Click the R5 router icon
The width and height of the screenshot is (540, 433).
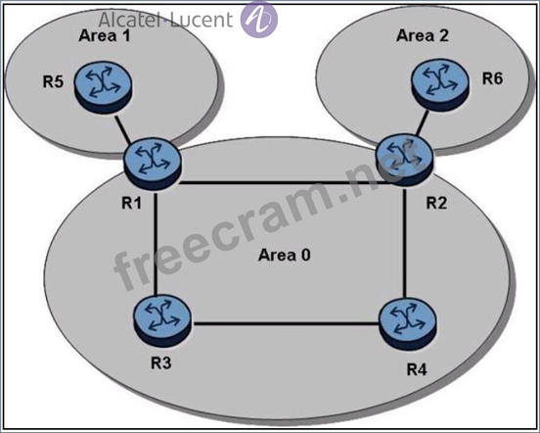[103, 87]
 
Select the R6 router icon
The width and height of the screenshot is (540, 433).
[440, 84]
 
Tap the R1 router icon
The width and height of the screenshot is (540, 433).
[152, 164]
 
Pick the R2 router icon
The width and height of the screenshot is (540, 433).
[405, 160]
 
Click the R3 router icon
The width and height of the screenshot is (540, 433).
[161, 320]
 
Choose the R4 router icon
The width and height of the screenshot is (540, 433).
[408, 324]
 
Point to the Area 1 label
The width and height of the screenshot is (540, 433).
[105, 35]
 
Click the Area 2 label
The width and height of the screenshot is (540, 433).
[423, 35]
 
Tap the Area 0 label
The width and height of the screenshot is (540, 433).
[284, 255]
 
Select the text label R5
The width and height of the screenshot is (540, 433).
[53, 82]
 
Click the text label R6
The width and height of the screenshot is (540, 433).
[492, 78]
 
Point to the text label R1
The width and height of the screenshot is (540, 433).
[131, 203]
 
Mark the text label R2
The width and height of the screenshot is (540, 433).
[436, 203]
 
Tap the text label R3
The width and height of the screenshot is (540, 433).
[160, 362]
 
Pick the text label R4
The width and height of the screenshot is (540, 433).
[417, 369]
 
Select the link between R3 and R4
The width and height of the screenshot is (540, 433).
[285, 323]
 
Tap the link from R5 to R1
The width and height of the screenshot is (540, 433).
[123, 128]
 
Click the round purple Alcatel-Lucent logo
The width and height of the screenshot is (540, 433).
[258, 20]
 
